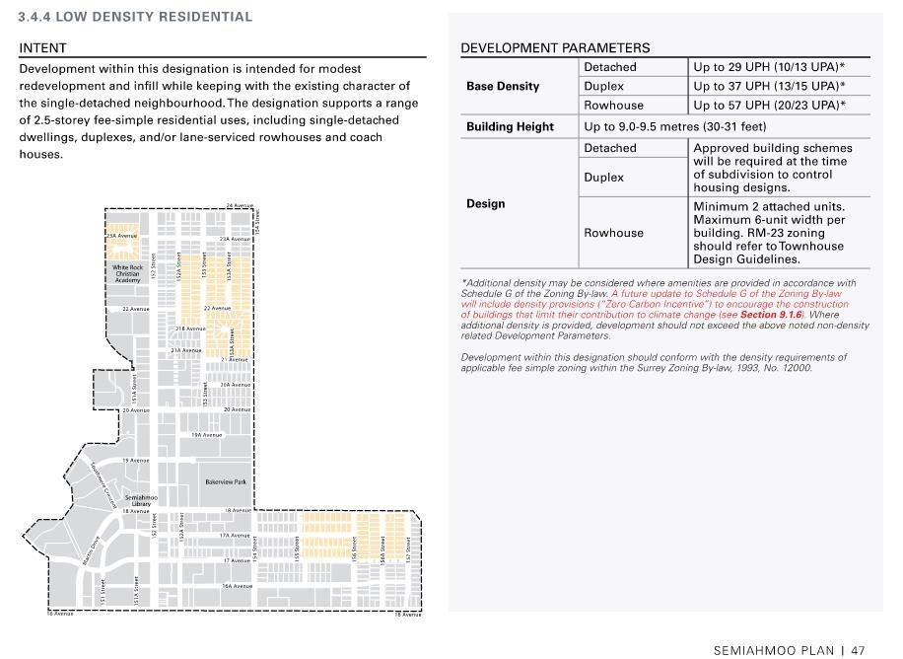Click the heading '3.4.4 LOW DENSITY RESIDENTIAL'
[135, 17]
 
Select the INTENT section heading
[42, 47]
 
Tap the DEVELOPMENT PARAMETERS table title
[555, 47]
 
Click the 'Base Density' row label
[503, 86]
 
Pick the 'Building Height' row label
[510, 126]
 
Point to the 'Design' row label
[485, 203]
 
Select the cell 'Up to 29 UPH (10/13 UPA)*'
[769, 67]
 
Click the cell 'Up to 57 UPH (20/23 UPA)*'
[769, 106]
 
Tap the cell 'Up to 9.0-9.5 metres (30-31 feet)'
[675, 126]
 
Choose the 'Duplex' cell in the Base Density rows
[603, 86]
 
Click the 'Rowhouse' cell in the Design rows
[613, 233]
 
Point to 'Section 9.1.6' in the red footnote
[772, 315]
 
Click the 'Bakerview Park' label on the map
[226, 481]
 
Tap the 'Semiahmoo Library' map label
[142, 500]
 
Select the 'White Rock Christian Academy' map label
[127, 273]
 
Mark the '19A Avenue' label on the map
[207, 434]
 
